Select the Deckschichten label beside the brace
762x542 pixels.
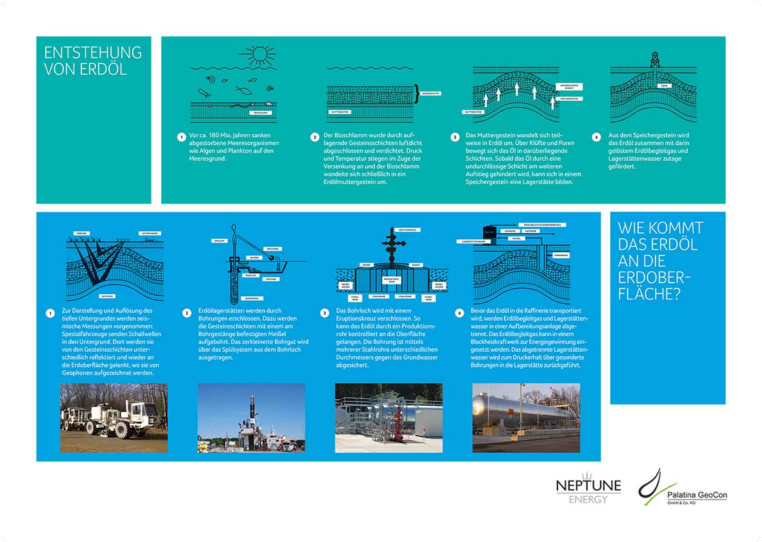[x=430, y=94]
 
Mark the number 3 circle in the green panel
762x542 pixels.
[x=455, y=137]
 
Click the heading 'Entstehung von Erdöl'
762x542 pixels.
[x=92, y=61]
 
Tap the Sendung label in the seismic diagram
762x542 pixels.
[x=81, y=233]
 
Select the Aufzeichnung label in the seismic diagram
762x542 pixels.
[x=150, y=233]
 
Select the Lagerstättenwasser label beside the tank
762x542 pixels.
[x=474, y=241]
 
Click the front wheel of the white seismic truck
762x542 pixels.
[x=122, y=430]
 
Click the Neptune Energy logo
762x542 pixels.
[x=588, y=490]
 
